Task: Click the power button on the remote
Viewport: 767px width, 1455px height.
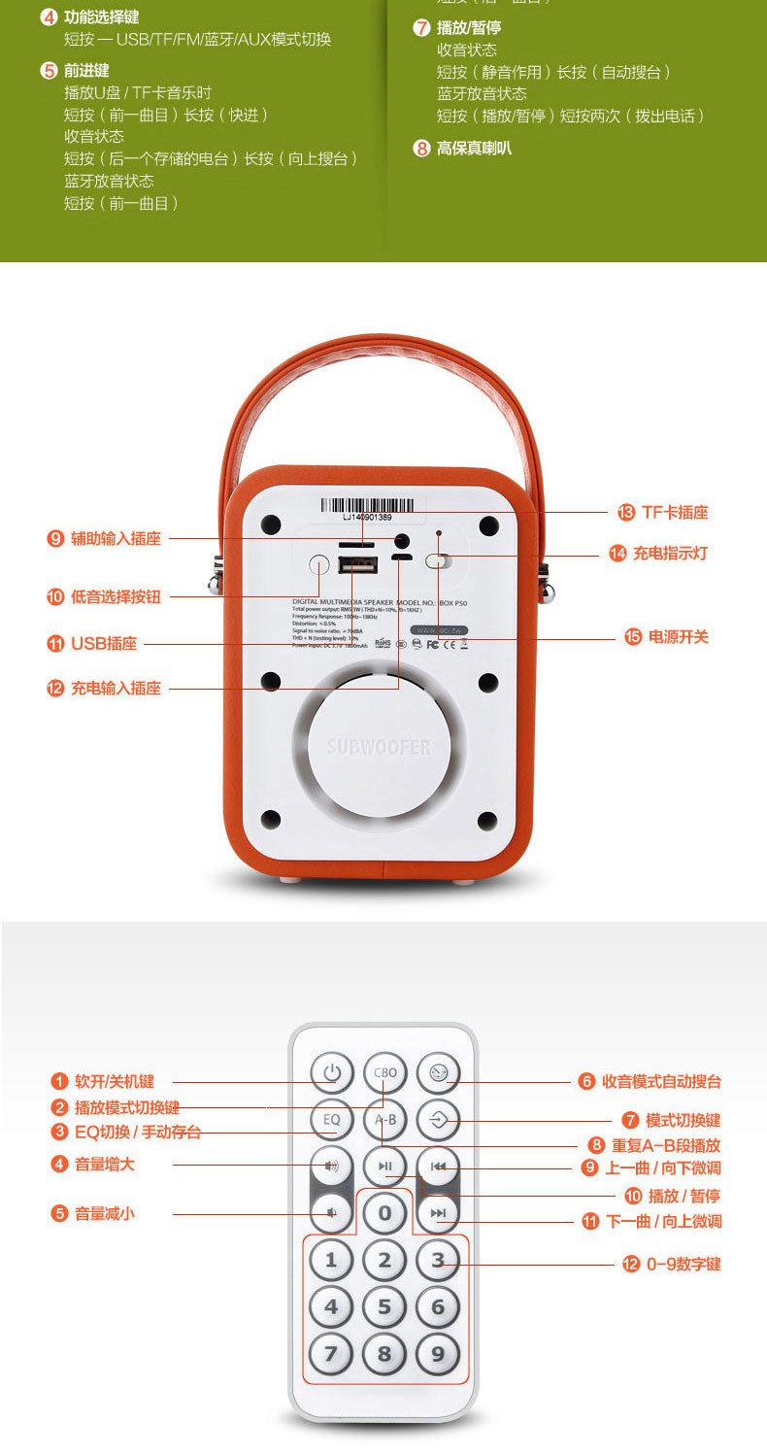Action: point(332,1073)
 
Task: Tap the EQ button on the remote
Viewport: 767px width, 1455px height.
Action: point(332,1120)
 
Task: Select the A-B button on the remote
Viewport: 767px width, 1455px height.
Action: point(385,1120)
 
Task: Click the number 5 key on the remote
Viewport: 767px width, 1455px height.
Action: point(384,1306)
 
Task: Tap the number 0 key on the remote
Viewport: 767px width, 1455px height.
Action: point(384,1212)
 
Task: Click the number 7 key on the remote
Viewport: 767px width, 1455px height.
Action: point(331,1353)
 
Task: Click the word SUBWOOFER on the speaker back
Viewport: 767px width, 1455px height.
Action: point(379,747)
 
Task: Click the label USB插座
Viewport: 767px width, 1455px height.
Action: point(104,644)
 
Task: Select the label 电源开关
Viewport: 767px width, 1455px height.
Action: point(679,637)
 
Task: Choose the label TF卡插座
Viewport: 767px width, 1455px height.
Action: point(675,513)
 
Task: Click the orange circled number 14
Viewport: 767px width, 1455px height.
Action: point(617,554)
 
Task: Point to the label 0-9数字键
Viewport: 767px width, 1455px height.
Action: point(684,1265)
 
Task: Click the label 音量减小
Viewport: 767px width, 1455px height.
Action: point(105,1213)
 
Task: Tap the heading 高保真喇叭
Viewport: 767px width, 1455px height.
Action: point(474,149)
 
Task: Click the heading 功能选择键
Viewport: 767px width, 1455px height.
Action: point(101,17)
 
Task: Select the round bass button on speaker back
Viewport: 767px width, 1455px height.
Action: point(318,564)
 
